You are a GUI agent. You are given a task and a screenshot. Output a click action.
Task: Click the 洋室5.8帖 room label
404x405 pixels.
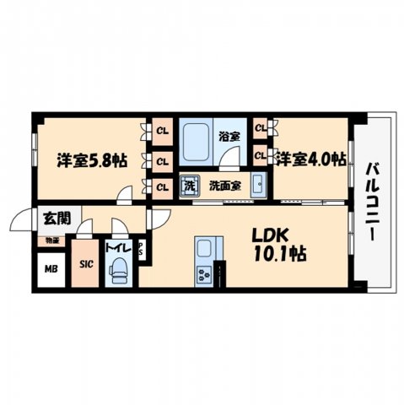coord(92,159)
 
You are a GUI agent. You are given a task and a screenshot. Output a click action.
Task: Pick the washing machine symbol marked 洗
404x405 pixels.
coord(189,184)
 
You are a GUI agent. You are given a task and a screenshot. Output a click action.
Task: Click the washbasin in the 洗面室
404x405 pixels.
coord(259,185)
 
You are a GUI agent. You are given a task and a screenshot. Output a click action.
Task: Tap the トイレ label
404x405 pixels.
coord(116,249)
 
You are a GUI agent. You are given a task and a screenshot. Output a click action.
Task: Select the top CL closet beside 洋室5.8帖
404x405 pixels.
coord(160,130)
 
